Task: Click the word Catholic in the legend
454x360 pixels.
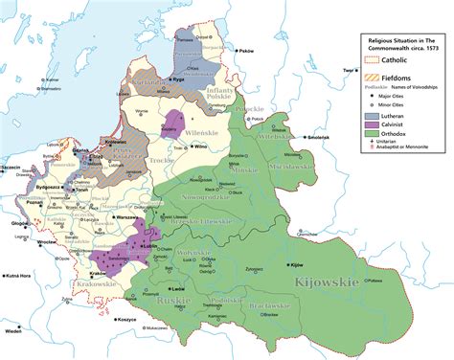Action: (x=402, y=64)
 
